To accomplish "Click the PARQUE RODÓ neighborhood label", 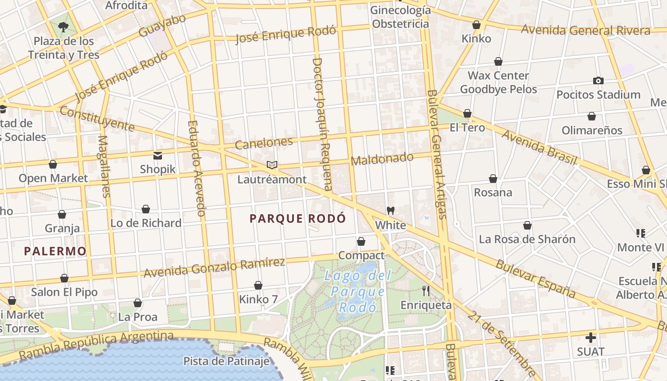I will coord(298,219).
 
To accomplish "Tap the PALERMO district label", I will coord(55,251).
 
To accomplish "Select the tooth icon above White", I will coord(391,211).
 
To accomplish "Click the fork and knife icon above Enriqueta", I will coord(426,291).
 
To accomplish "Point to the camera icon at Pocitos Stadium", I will coord(598,81).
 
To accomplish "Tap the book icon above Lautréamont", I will coord(272,165).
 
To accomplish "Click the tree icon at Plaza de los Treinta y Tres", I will coord(63,27).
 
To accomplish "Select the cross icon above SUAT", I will coord(591,338).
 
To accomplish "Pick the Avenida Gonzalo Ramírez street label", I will coord(214,268).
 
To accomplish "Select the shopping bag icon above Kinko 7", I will coord(258,286).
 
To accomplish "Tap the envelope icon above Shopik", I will coord(158,156).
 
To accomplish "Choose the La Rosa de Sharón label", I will coord(527,239).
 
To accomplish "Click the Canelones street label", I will coord(264,142).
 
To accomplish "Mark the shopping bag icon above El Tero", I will coord(467,113).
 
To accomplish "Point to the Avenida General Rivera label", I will coord(586,30).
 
